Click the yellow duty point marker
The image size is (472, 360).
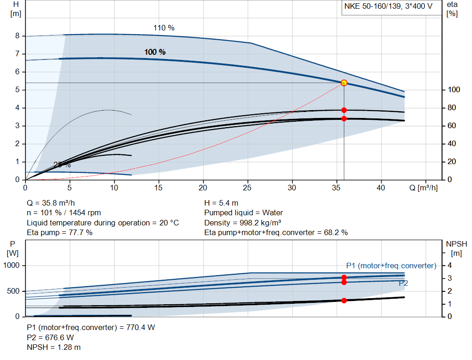(x=344, y=83)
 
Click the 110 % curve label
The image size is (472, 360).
(x=164, y=28)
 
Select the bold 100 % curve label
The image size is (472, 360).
(x=155, y=52)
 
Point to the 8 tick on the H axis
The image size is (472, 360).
(x=17, y=36)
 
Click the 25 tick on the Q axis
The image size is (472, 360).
(x=248, y=188)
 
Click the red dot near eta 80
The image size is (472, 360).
(x=344, y=110)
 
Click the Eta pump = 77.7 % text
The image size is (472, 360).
(x=59, y=232)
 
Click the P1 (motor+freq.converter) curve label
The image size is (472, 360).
(x=391, y=266)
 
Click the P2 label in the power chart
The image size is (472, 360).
(x=403, y=283)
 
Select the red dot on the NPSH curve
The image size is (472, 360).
(x=344, y=301)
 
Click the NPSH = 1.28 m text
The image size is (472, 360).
(x=53, y=347)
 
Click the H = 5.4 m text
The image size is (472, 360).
(x=221, y=203)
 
